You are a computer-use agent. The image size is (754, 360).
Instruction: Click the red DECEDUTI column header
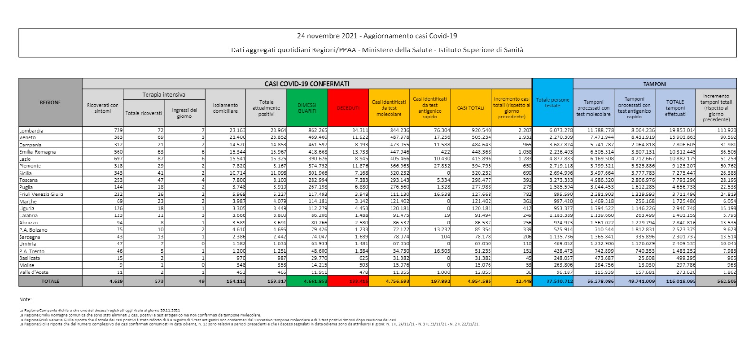(x=348, y=108)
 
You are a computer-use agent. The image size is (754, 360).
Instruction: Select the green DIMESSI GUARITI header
(x=307, y=108)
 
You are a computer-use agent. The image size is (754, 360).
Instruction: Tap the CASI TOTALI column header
(x=470, y=108)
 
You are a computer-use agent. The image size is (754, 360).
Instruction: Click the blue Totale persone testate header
(x=552, y=103)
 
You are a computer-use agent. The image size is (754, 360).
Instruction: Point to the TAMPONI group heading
(x=655, y=84)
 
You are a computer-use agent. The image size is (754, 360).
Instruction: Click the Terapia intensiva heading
(x=164, y=95)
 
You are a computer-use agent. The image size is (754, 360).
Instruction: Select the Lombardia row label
(x=31, y=130)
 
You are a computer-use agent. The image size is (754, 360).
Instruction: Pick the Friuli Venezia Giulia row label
(x=41, y=194)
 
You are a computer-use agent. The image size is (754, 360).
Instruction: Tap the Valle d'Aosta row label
(x=34, y=272)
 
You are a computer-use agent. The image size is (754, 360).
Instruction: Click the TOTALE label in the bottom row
(x=50, y=281)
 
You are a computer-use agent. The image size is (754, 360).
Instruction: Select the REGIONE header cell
(x=50, y=102)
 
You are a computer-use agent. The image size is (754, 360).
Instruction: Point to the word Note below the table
(x=25, y=299)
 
